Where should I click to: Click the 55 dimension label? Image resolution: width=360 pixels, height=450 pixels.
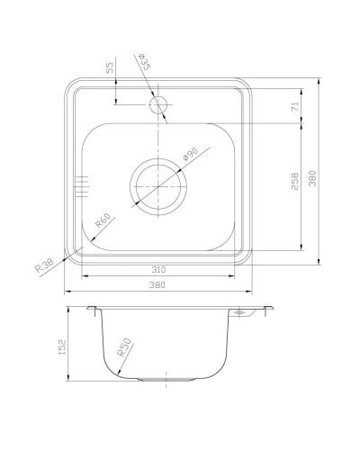110,67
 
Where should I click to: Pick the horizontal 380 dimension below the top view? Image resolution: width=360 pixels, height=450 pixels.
157,286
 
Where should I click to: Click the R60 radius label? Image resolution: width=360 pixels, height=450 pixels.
102,219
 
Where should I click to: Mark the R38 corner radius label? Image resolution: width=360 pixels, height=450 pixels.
43,265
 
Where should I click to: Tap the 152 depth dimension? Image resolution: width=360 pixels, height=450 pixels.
73,346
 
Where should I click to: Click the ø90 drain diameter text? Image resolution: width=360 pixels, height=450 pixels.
191,155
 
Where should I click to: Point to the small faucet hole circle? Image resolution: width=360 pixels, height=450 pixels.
159,105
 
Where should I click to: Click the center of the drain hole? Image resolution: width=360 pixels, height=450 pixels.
159,184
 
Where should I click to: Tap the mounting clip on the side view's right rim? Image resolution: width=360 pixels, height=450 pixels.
241,312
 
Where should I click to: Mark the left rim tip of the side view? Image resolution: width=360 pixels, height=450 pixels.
88,310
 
